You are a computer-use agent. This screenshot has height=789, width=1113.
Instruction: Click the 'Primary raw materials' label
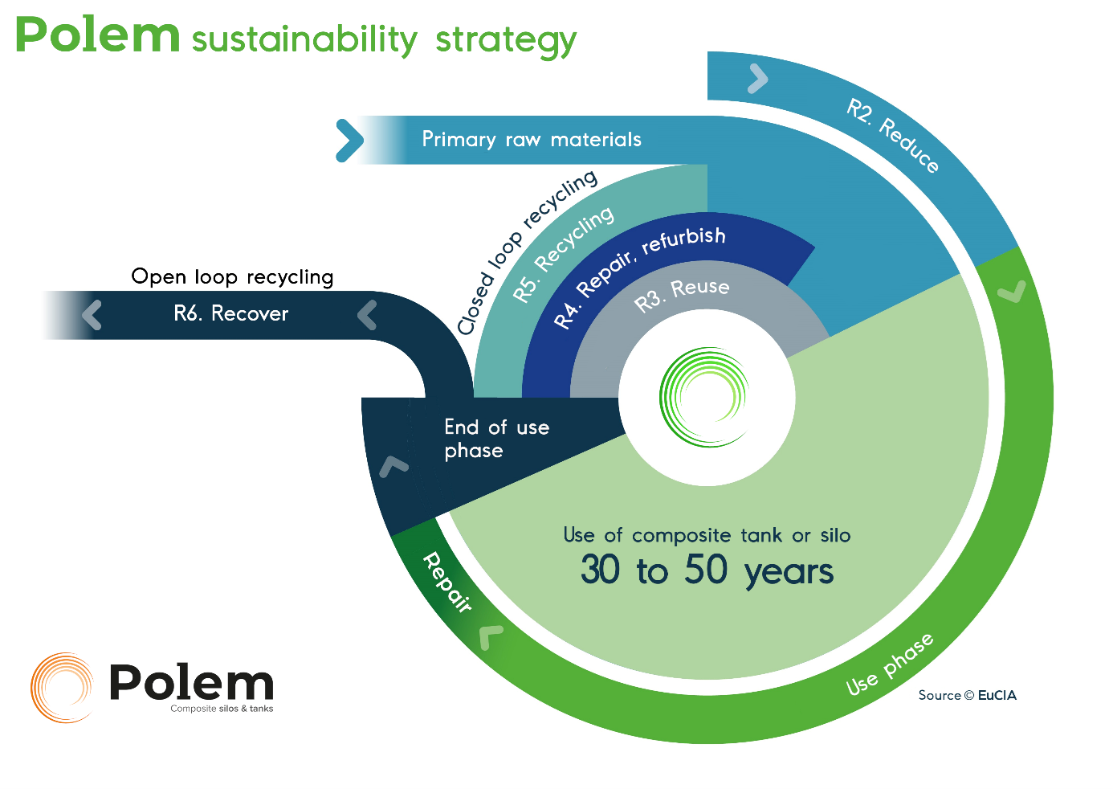tap(531, 140)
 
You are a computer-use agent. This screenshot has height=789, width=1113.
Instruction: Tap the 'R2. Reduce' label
tap(892, 134)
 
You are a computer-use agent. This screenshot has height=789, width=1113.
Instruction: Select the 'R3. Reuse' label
tap(682, 294)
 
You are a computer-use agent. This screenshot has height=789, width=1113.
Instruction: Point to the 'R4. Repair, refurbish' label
tap(639, 273)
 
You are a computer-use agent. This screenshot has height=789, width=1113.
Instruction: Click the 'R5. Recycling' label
tap(563, 253)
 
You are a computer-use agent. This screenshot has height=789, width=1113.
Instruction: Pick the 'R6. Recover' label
tap(230, 313)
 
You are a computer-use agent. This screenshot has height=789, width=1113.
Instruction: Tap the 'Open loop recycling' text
tap(232, 277)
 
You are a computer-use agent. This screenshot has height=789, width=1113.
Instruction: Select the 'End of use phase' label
tap(496, 439)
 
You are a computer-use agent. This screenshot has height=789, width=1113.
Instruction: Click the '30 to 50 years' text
tap(707, 570)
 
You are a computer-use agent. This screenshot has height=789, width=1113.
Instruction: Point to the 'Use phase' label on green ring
tap(890, 664)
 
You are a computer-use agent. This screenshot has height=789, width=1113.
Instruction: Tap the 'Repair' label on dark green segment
tap(447, 582)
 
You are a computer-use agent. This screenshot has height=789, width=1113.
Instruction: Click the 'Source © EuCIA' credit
tap(967, 695)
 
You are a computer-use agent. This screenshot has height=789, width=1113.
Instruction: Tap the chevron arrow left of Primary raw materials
tap(349, 140)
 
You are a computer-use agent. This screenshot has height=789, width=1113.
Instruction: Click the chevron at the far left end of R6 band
tap(92, 315)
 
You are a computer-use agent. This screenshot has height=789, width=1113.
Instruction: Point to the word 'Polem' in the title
tap(97, 36)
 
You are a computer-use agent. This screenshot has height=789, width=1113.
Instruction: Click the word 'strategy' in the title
tap(505, 40)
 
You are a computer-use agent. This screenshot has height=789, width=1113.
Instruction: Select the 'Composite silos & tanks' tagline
tap(222, 709)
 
